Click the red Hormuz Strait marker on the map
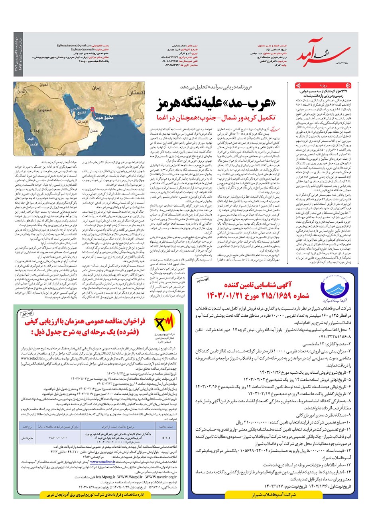pos(93,108)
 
